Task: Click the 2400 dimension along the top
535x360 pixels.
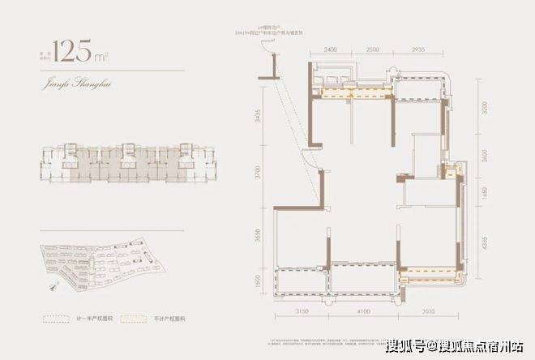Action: coord(329,49)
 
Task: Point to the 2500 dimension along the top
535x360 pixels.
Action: coord(371,49)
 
